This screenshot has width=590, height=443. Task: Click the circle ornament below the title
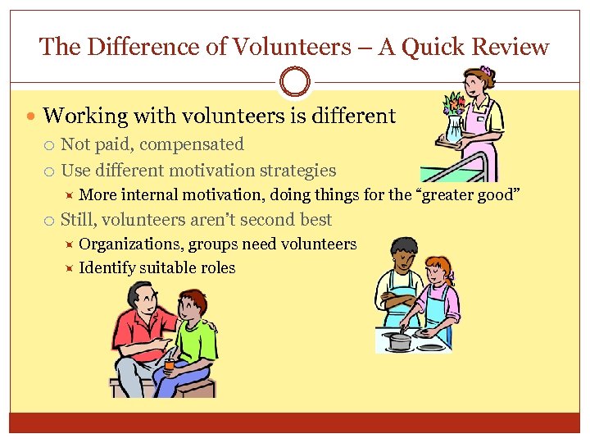tap(295, 82)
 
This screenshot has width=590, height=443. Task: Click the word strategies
tap(296, 171)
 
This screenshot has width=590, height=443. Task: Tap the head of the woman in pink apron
tap(479, 81)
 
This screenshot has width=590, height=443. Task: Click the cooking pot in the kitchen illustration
tap(399, 340)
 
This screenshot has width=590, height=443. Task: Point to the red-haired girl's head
tap(438, 271)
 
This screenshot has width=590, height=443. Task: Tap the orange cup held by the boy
tap(169, 363)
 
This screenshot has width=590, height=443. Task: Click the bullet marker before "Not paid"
tap(50, 145)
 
